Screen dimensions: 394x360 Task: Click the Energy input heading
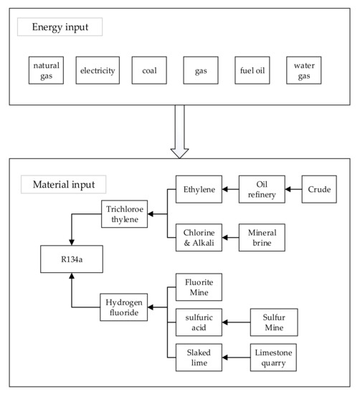click(61, 27)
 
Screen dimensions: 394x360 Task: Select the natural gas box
click(47, 70)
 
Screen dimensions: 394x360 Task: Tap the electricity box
click(98, 70)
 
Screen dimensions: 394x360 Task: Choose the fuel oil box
click(252, 70)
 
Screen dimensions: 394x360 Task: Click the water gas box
click(303, 70)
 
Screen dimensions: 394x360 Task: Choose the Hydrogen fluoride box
click(123, 307)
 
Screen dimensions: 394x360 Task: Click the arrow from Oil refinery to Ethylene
click(229, 190)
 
